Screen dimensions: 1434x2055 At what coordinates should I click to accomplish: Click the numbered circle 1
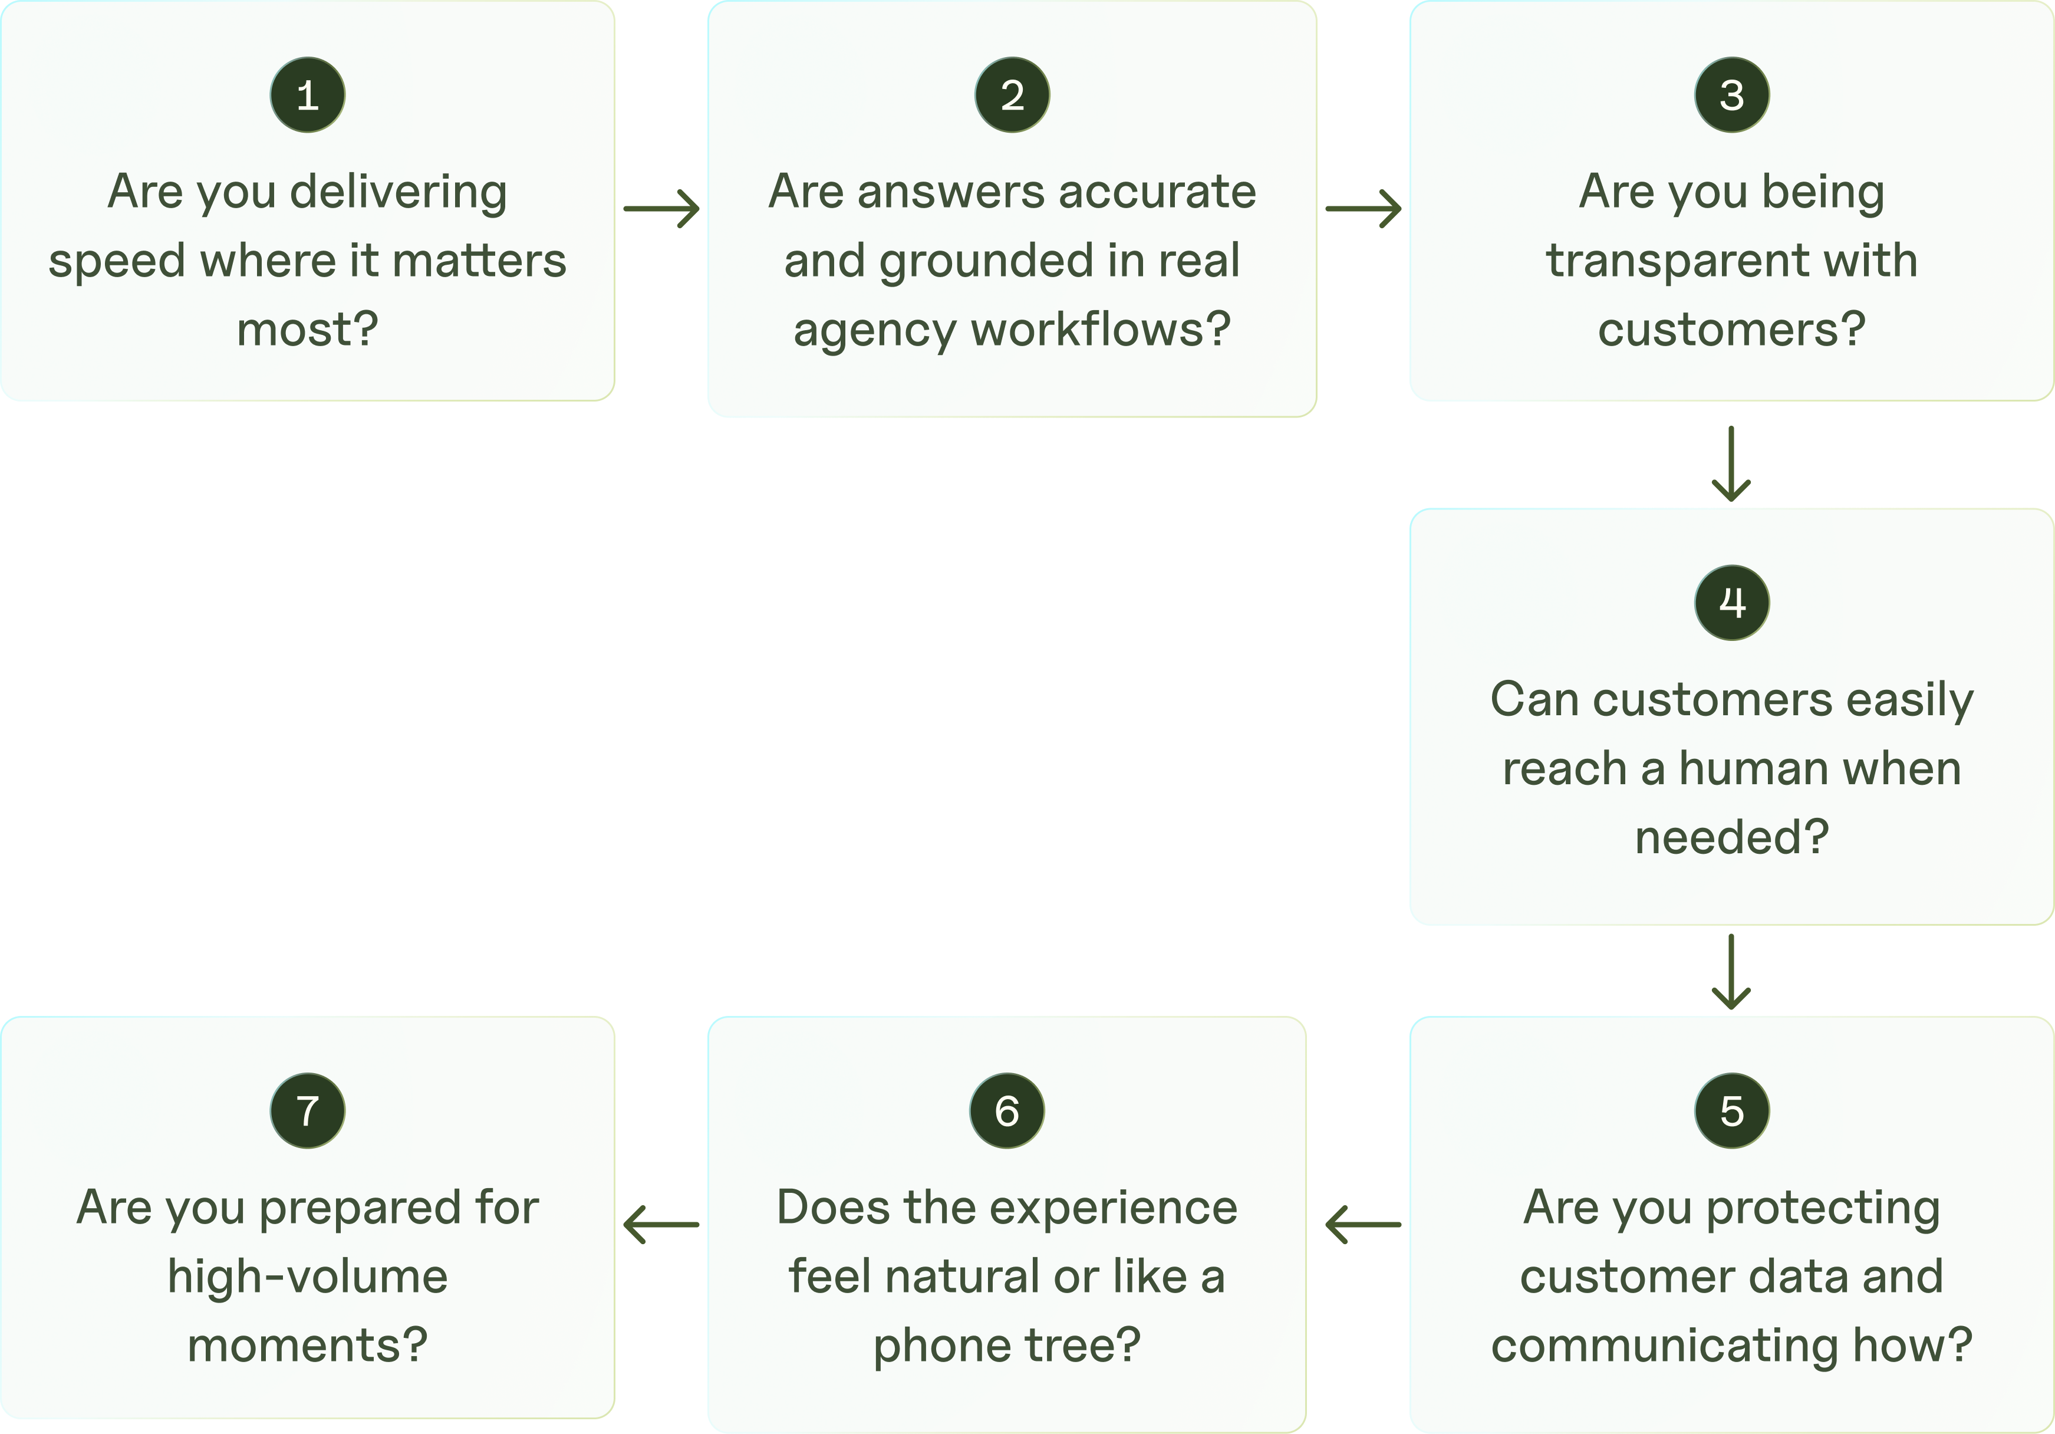click(307, 95)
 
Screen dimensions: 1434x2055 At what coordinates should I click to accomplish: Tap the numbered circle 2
click(1012, 95)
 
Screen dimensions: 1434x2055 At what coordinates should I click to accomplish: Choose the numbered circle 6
click(1006, 1111)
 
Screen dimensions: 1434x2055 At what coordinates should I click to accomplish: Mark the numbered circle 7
click(307, 1111)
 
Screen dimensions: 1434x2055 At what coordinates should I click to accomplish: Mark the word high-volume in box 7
click(307, 1277)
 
